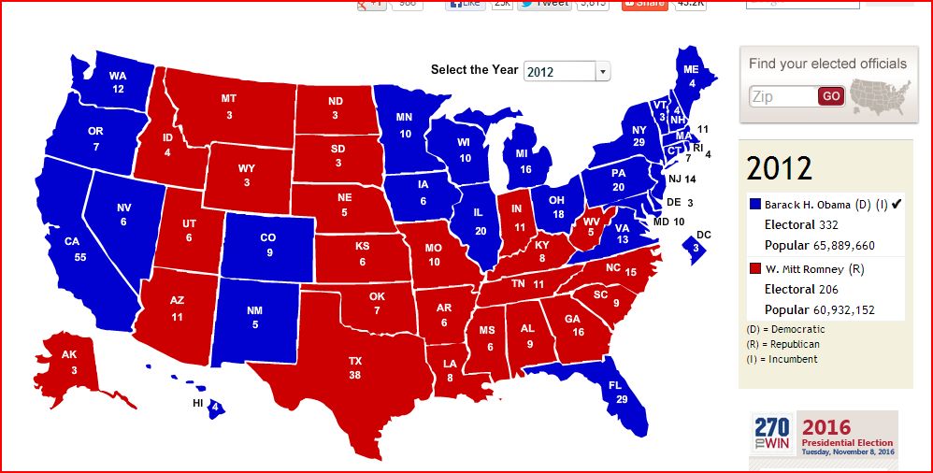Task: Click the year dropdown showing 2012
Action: (566, 71)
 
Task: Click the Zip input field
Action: (782, 96)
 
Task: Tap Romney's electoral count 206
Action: (827, 290)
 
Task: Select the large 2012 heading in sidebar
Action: (779, 168)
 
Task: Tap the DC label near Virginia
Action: (704, 235)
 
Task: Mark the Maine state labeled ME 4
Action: (691, 75)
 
